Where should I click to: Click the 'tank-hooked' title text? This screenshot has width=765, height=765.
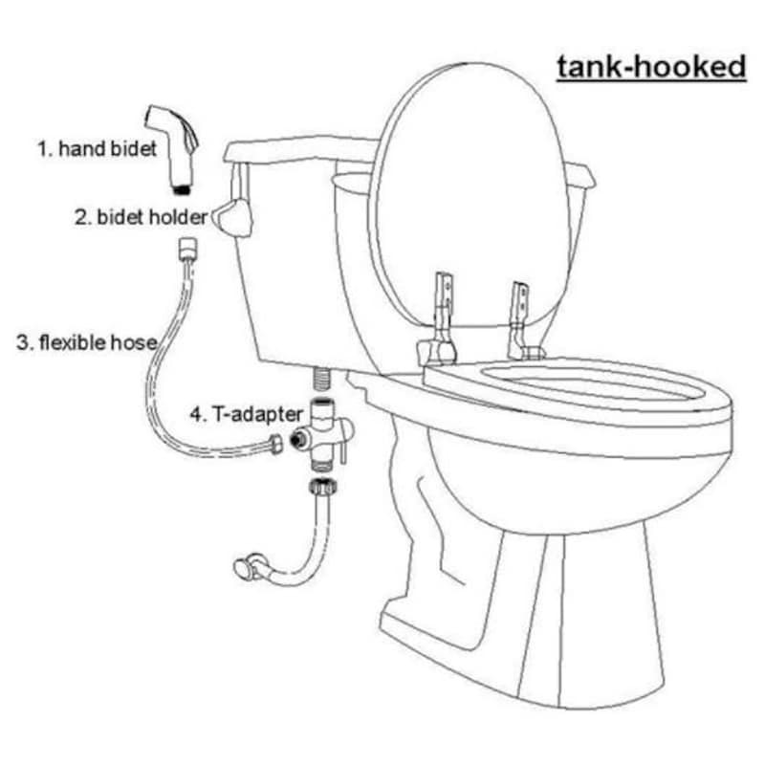tap(651, 67)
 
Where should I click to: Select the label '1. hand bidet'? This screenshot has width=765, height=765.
tap(98, 149)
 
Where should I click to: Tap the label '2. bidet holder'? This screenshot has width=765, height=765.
tap(141, 217)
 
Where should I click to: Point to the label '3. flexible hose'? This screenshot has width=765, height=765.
tap(87, 342)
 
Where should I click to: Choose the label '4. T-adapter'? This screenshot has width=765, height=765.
tap(247, 414)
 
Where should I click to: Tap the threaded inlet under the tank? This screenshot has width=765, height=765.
tap(320, 378)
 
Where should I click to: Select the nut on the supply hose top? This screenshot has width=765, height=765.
tap(323, 487)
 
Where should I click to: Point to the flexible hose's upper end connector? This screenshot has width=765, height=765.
tap(187, 249)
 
